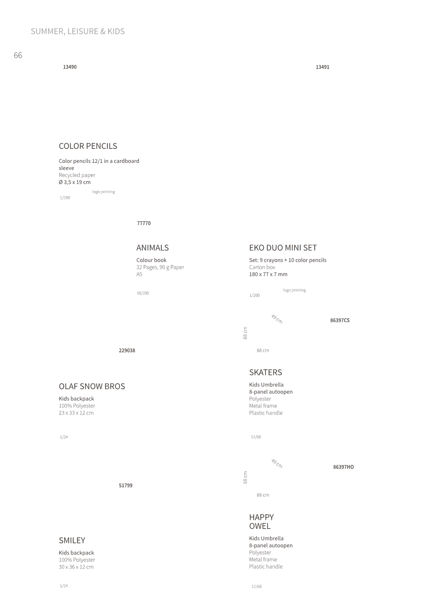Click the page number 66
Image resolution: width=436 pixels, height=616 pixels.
click(x=18, y=55)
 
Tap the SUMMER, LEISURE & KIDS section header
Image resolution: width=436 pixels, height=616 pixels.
click(x=78, y=31)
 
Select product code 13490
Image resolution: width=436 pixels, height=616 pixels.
click(x=70, y=67)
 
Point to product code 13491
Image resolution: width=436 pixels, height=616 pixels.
click(x=322, y=67)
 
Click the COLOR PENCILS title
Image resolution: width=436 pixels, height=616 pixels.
click(x=88, y=146)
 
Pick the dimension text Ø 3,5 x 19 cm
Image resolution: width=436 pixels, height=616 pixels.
click(x=75, y=182)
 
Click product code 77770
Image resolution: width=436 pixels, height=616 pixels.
click(x=144, y=223)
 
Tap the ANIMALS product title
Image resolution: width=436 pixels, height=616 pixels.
click(x=153, y=248)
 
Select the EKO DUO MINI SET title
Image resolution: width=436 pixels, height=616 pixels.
click(x=283, y=248)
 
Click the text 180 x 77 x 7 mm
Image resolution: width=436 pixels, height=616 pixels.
click(x=268, y=274)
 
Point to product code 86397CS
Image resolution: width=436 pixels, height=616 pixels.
click(x=340, y=320)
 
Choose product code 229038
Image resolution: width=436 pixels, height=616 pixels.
click(x=127, y=350)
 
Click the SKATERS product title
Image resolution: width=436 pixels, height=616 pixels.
click(x=265, y=372)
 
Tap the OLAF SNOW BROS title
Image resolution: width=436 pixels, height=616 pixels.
click(x=92, y=386)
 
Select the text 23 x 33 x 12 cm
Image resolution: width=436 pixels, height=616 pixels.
click(x=76, y=413)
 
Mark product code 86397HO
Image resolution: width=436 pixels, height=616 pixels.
click(x=343, y=467)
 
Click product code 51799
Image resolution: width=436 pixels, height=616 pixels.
click(x=126, y=485)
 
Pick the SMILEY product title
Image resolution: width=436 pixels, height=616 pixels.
click(x=72, y=540)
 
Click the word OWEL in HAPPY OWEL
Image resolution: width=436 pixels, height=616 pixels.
click(x=260, y=526)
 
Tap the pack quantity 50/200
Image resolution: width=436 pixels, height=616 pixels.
click(x=142, y=293)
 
